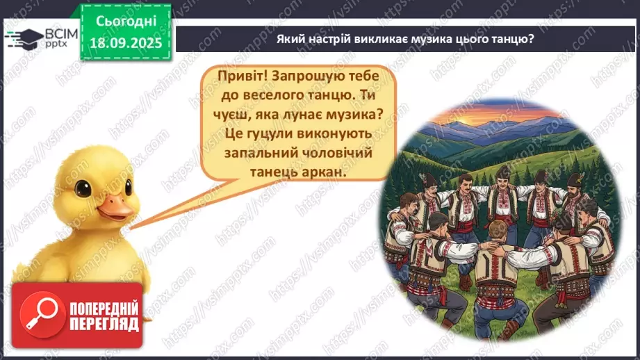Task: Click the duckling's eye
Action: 85,188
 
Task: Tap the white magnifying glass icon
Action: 38,311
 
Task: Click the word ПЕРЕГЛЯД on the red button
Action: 104,324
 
